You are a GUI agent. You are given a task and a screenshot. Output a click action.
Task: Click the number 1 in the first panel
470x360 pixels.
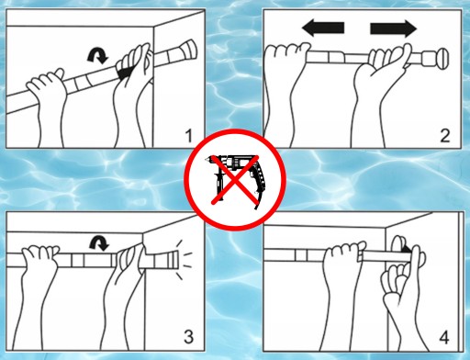click(x=189, y=136)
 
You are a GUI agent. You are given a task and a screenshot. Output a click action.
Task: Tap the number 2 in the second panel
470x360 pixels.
click(x=445, y=136)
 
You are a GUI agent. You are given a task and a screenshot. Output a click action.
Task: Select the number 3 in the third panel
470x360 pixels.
click(x=188, y=336)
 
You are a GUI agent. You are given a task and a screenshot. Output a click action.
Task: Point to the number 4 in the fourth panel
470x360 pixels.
click(x=444, y=337)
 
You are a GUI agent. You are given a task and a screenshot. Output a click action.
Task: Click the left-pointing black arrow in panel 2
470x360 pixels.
click(x=323, y=28)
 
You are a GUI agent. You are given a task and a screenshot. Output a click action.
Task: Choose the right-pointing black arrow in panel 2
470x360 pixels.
click(x=394, y=28)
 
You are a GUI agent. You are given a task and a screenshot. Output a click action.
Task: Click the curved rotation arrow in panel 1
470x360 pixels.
click(x=97, y=56)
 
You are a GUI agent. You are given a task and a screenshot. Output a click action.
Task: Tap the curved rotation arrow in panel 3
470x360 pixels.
click(x=99, y=243)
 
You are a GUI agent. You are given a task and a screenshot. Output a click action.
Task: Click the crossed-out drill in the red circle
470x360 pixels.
click(x=235, y=182)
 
